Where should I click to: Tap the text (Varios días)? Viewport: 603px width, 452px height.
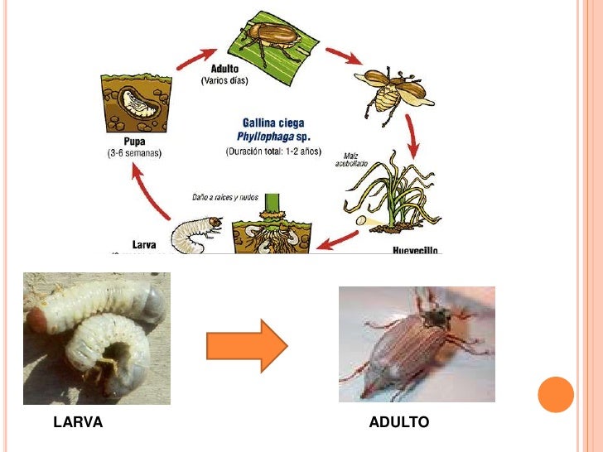coord(229,81)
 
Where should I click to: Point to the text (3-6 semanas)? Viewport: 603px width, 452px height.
coord(135,153)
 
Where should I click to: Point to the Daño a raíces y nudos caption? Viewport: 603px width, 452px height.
coord(224,198)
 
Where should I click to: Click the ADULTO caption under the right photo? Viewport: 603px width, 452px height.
coord(399,423)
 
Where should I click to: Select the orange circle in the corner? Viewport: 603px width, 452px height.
coord(556,394)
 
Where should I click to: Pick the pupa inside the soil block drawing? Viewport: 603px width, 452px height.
coord(137,103)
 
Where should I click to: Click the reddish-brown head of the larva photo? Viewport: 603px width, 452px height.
coord(36,318)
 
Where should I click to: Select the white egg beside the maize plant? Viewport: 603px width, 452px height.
coord(362,221)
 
